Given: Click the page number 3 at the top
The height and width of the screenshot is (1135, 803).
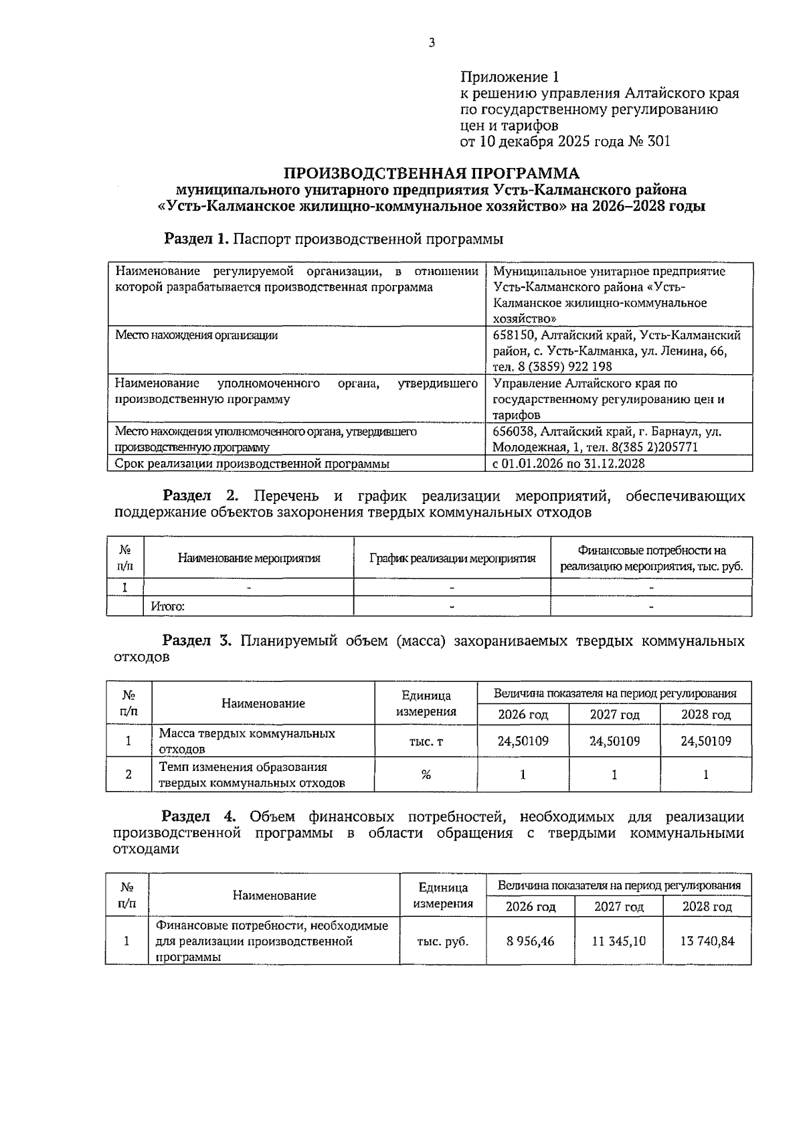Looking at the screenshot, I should (x=432, y=43).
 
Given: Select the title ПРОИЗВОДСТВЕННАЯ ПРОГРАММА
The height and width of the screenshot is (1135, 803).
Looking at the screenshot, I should (x=431, y=174).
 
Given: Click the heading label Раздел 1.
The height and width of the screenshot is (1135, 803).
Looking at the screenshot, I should (x=197, y=239).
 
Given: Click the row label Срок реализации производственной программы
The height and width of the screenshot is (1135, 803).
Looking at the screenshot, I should (x=252, y=463).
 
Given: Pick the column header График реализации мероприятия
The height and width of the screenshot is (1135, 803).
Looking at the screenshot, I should (x=452, y=558).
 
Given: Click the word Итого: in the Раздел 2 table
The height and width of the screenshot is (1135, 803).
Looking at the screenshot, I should (x=167, y=606).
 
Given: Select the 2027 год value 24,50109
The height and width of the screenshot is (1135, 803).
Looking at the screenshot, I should (x=614, y=741).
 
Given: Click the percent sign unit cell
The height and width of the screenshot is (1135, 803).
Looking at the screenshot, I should (x=426, y=775).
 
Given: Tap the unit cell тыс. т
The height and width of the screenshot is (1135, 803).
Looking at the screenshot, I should (x=426, y=741).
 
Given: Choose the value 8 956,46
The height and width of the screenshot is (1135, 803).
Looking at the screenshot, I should (x=530, y=941).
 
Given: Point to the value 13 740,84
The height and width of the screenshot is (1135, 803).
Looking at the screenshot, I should (x=707, y=941).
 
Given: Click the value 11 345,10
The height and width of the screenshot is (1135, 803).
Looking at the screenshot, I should (x=618, y=941).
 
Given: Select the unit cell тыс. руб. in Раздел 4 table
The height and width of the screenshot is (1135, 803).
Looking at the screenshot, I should (x=442, y=941).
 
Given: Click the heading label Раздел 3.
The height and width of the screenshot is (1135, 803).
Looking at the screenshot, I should (x=197, y=641).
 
